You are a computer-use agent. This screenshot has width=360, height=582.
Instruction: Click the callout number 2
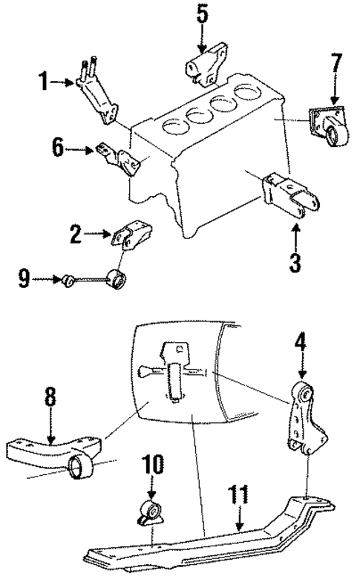click(x=75, y=236)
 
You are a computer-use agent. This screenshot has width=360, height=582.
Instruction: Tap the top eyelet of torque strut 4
click(x=301, y=391)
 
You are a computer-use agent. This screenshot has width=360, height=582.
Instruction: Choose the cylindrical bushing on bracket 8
click(x=79, y=470)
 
